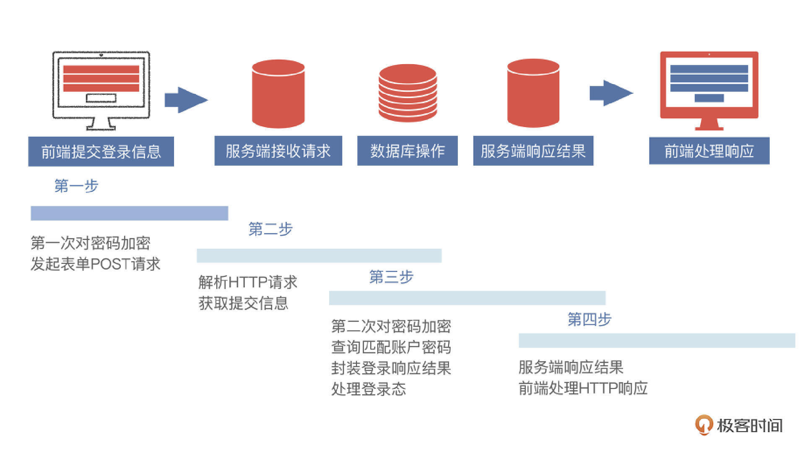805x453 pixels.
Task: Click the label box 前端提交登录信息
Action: point(101,151)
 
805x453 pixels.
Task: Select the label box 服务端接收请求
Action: point(278,151)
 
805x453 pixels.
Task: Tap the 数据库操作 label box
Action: point(407,151)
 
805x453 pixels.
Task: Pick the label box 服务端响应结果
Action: point(533,151)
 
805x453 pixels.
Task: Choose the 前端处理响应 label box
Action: point(709,151)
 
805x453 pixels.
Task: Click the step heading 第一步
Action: point(76,185)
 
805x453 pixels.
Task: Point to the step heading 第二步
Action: point(270,229)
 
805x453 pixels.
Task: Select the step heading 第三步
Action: point(391,277)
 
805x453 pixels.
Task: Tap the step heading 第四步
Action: point(589,320)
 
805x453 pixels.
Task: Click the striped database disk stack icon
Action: point(408,93)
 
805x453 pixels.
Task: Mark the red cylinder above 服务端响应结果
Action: point(533,93)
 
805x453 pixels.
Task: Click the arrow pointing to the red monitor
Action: point(610,93)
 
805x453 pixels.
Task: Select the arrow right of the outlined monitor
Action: point(186,100)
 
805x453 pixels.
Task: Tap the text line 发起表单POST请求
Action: point(96,264)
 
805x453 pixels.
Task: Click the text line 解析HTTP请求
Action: point(248,282)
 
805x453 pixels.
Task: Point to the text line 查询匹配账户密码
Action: point(391,347)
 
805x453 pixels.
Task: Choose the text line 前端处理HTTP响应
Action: point(583,388)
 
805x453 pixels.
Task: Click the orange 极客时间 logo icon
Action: point(704,425)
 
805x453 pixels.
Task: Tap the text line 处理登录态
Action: point(369,389)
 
